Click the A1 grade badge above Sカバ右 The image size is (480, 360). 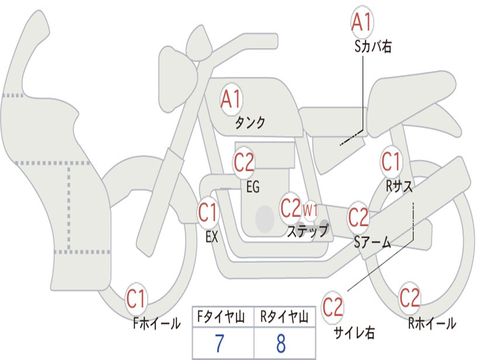coord(362,22)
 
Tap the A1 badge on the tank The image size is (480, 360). coord(232,99)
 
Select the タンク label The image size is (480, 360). coord(250,122)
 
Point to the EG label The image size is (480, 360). coord(253,187)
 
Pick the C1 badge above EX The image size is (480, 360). coord(208,212)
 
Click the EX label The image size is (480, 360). coord(212,236)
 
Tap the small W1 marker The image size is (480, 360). coord(310,210)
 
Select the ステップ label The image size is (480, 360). coord(307,230)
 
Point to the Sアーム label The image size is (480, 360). coord(372,242)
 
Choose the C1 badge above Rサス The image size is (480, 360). coord(391,161)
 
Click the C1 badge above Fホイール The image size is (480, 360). coord(136,299)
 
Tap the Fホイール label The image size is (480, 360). coord(157,323)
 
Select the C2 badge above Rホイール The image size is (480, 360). coord(410,298)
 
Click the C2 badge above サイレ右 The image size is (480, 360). coord(333,307)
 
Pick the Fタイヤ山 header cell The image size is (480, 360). coord(223,317)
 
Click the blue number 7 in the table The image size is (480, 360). coord(219,344)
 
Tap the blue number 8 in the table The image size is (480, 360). coord(281,344)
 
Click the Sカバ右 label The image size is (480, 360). coord(373,47)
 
